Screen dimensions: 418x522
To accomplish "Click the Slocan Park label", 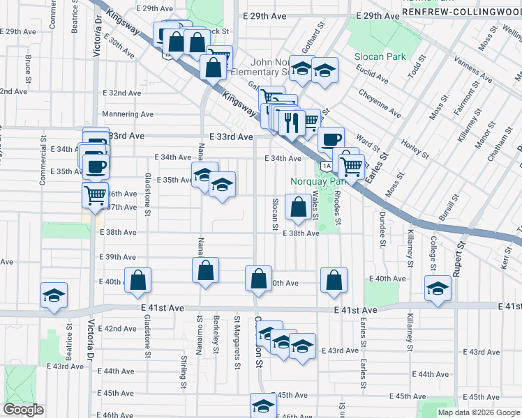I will coord(380,56).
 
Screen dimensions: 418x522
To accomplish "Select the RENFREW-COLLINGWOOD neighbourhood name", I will coord(461,12).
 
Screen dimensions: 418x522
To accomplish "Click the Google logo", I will coord(23,410).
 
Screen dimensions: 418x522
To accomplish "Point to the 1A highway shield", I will coord(327,165).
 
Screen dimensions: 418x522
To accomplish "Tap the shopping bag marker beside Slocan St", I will coord(299,207).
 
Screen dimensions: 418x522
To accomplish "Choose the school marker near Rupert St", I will coord(438,288).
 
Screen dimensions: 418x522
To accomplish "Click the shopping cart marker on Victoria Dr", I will coord(95,194).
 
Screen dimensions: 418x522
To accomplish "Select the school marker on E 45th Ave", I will coord(263,405).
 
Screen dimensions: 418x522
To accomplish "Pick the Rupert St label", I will coord(458,258).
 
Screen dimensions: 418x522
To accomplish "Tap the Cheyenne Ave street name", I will coord(380,102).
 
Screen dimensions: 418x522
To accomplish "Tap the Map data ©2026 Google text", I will coord(478,412).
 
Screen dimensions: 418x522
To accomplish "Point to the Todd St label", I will coord(416,68).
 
